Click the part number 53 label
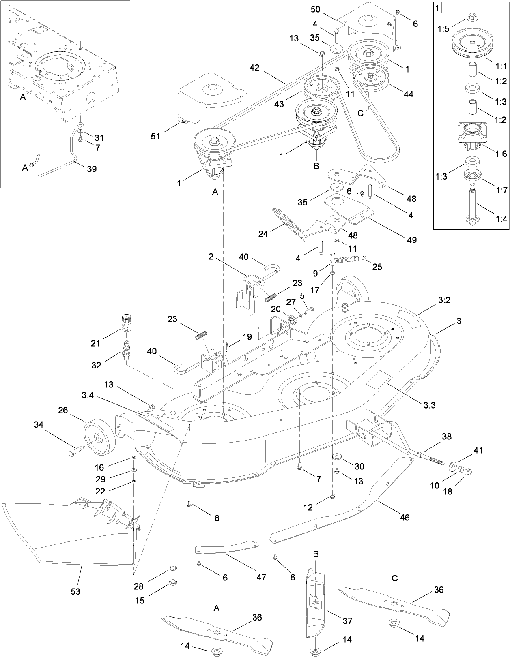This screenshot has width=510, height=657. coord(75,591)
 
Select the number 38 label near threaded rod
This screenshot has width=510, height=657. coord(447,437)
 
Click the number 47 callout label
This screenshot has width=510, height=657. coord(261,576)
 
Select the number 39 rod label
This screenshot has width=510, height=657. coord(92,169)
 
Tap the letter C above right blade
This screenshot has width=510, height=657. coord(395,578)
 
